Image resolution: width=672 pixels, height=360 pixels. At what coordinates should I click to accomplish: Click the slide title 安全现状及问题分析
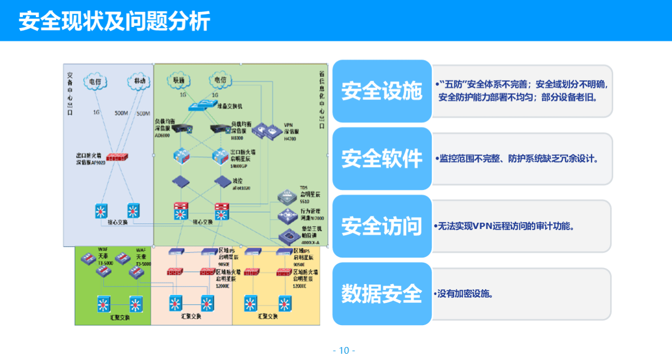[114, 21]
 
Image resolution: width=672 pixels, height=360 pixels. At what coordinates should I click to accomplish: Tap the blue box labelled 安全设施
[382, 92]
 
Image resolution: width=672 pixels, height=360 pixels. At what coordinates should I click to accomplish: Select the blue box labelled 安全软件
[382, 159]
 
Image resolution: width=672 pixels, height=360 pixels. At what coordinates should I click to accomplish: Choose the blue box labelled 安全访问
[382, 226]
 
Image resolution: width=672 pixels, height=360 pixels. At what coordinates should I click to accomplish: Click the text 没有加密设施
[464, 294]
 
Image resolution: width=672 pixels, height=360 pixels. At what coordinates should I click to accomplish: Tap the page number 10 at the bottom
[344, 350]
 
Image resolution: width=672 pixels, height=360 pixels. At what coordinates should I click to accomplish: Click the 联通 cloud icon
[179, 81]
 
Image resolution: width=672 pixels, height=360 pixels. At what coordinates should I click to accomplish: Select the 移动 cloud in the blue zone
[139, 82]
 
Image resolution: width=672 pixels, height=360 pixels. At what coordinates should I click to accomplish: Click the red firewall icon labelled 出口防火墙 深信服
[117, 157]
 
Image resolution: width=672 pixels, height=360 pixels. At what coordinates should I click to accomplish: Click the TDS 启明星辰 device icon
[287, 197]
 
